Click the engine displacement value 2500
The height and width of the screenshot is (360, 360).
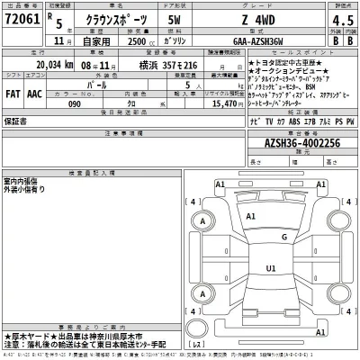130,41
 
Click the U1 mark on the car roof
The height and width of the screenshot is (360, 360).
270,268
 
